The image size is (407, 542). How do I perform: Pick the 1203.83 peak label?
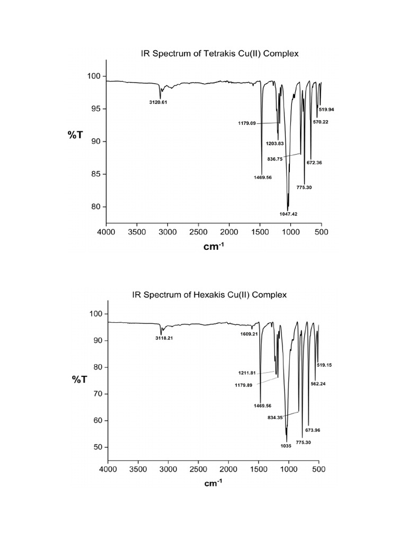pyautogui.click(x=276, y=143)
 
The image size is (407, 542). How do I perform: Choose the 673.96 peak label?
pyautogui.click(x=313, y=430)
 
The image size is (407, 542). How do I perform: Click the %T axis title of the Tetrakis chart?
pyautogui.click(x=75, y=135)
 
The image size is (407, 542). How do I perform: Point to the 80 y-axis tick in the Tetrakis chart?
pyautogui.click(x=95, y=207)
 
